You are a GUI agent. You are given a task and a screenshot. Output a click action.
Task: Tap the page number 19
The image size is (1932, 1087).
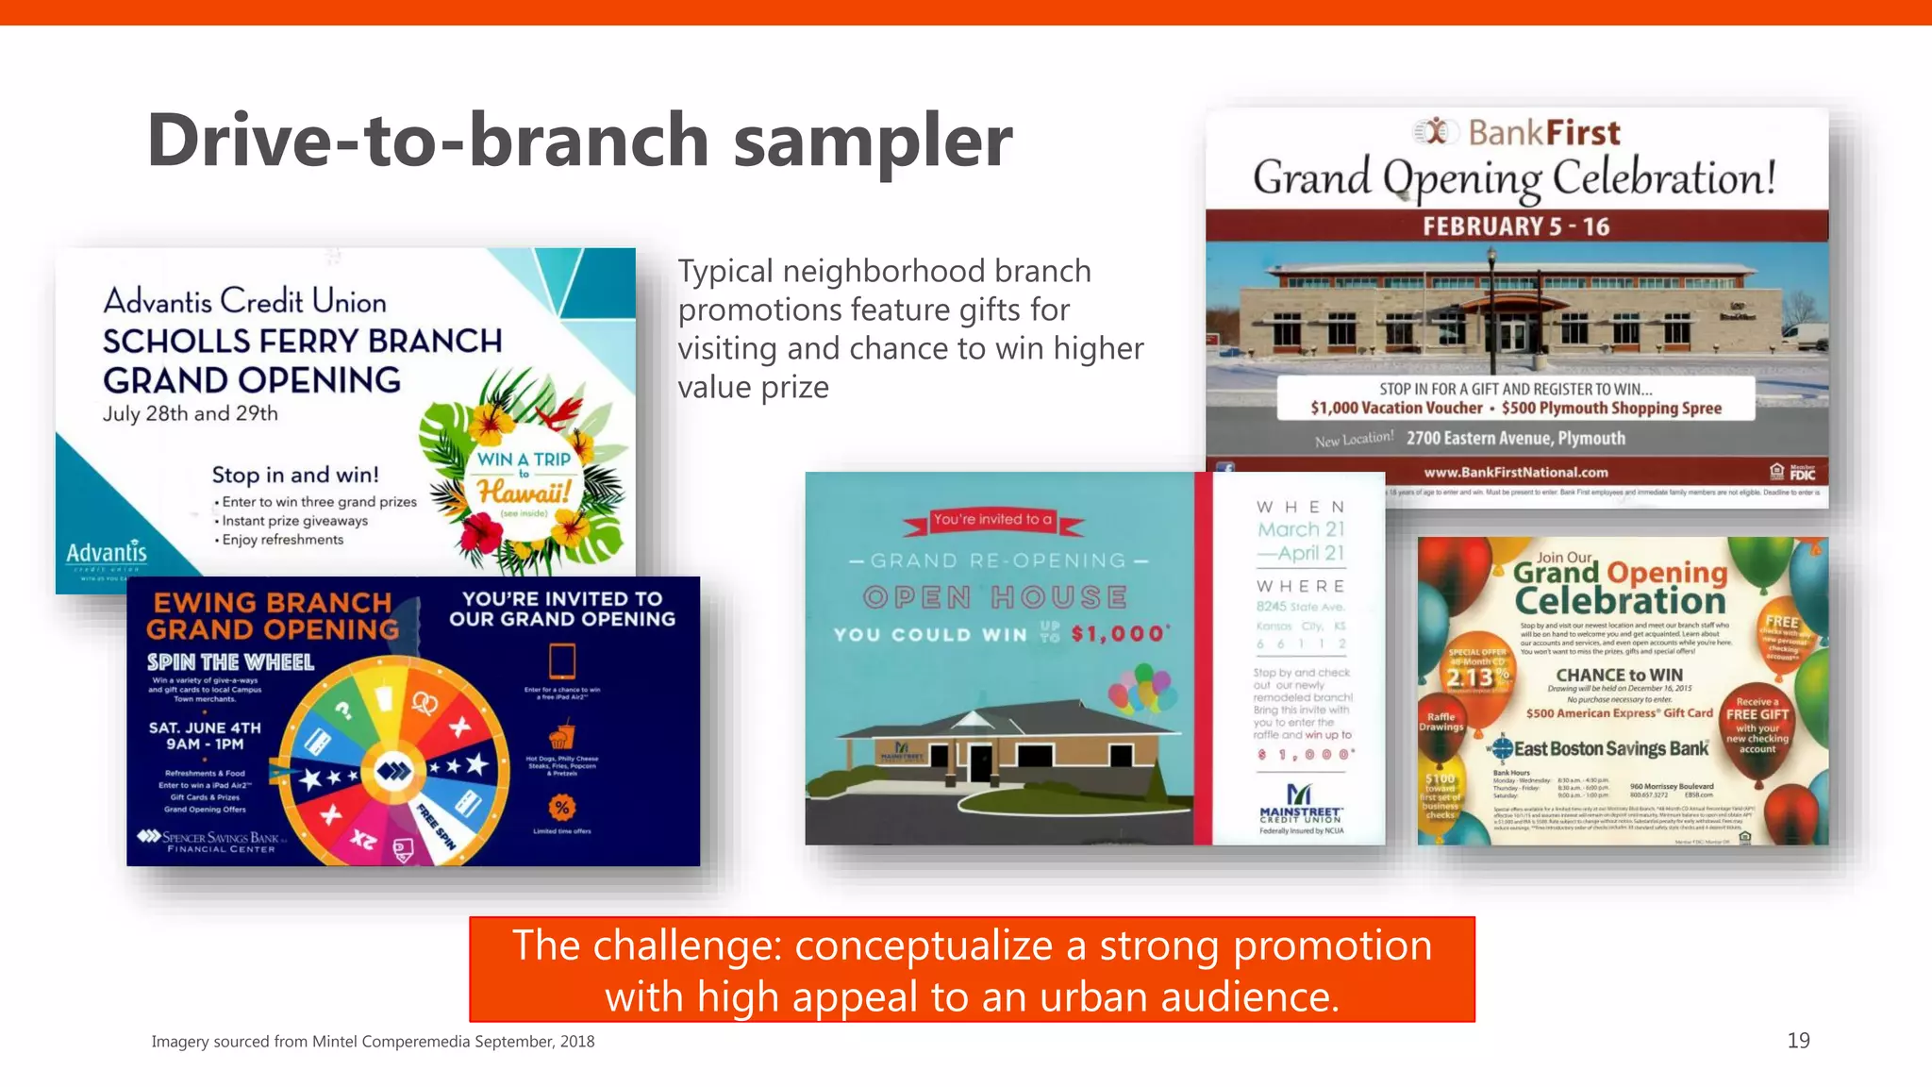pyautogui.click(x=1798, y=1040)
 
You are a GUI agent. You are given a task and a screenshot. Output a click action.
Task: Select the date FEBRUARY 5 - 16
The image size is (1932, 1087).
pyautogui.click(x=1516, y=226)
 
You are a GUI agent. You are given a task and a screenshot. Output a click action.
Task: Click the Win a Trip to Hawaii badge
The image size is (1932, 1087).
pyautogui.click(x=524, y=477)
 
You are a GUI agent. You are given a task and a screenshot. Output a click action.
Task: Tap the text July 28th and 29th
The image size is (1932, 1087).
pyautogui.click(x=191, y=413)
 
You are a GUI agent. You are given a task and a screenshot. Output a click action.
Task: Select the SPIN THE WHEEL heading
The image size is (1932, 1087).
pyautogui.click(x=230, y=661)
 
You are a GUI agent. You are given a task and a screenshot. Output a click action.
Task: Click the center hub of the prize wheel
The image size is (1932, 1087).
pyautogui.click(x=393, y=771)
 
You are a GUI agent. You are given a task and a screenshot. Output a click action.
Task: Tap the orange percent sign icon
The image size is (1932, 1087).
pyautogui.click(x=562, y=807)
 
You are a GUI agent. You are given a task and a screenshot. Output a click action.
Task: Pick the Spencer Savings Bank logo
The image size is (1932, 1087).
pyautogui.click(x=209, y=841)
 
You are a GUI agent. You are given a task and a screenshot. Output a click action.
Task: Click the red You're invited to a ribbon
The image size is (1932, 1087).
pyautogui.click(x=992, y=520)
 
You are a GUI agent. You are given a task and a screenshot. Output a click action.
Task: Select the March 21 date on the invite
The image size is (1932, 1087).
pyautogui.click(x=1301, y=529)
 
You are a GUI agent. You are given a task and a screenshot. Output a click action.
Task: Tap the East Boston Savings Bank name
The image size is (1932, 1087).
pyautogui.click(x=1610, y=749)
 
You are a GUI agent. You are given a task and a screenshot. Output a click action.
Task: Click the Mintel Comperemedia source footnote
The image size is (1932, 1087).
pyautogui.click(x=373, y=1041)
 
